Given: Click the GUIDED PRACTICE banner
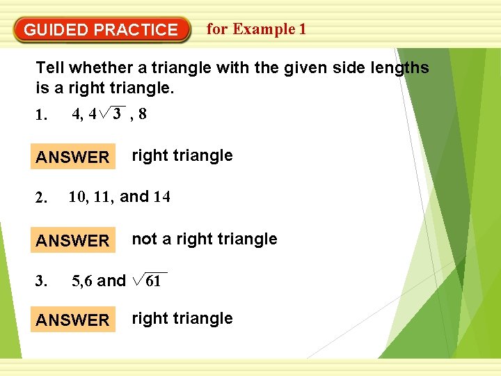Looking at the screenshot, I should [101, 30].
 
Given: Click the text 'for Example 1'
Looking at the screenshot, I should [256, 29].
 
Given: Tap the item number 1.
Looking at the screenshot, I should [42, 116].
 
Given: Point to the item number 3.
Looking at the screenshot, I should [42, 282].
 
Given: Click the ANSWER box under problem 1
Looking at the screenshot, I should [73, 157].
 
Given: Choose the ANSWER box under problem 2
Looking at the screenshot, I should [73, 241].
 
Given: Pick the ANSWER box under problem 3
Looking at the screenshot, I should [73, 320].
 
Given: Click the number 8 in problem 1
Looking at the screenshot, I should [142, 114].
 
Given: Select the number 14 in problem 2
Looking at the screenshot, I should [161, 197].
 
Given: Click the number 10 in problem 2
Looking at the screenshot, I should [78, 197].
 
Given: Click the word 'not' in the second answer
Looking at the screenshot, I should [143, 240].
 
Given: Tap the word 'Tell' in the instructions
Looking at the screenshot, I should [49, 68].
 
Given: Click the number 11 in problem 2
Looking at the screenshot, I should [103, 197].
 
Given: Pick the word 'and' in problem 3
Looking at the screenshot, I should [111, 281].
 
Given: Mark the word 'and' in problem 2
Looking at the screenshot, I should [135, 197].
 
